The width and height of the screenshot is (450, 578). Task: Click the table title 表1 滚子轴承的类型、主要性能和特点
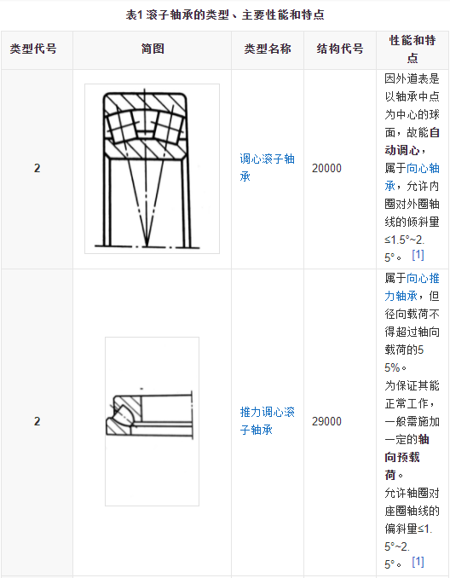pyautogui.click(x=225, y=14)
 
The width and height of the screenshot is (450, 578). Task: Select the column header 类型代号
pyautogui.click(x=33, y=49)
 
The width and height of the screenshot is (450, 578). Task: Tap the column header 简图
pyautogui.click(x=153, y=49)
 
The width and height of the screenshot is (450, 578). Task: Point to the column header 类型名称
pyautogui.click(x=268, y=49)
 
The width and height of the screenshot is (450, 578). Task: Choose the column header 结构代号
pyautogui.click(x=340, y=49)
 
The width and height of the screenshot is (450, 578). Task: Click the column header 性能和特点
pyautogui.click(x=412, y=49)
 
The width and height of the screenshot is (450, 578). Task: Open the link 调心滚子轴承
pyautogui.click(x=268, y=168)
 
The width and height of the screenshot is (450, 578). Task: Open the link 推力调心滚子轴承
pyautogui.click(x=268, y=421)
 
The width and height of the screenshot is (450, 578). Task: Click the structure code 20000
pyautogui.click(x=326, y=168)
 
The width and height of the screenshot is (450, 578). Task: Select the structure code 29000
pyautogui.click(x=326, y=421)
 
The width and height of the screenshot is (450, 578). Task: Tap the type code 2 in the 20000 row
pyautogui.click(x=37, y=168)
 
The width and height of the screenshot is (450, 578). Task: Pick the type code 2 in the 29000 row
pyautogui.click(x=37, y=421)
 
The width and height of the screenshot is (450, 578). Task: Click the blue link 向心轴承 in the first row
pyautogui.click(x=412, y=177)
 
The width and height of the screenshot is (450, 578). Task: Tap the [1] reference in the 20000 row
pyautogui.click(x=418, y=255)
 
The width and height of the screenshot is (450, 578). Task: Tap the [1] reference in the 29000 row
pyautogui.click(x=418, y=562)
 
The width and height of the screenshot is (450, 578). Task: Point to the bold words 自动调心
pyautogui.click(x=412, y=142)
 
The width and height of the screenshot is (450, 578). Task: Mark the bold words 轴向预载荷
pyautogui.click(x=412, y=457)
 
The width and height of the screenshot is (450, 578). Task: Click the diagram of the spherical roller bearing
pyautogui.click(x=153, y=169)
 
